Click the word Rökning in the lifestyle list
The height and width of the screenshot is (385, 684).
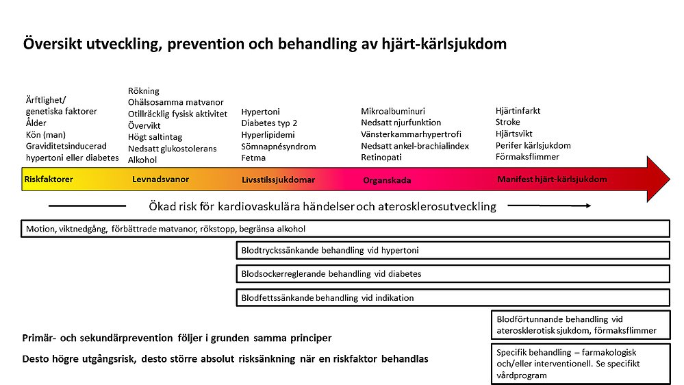144,90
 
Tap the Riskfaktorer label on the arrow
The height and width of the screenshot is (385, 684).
49,179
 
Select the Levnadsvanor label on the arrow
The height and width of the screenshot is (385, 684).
160,179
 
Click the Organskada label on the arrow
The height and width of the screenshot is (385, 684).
387,181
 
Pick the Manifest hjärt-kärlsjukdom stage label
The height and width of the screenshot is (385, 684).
552,179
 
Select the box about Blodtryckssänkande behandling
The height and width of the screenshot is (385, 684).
453,251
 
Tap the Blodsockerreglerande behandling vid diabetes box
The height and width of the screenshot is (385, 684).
453,274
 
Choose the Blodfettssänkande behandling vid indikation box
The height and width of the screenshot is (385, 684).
453,297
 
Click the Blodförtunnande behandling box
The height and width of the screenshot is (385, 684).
580,325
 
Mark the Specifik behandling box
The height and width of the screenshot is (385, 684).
580,363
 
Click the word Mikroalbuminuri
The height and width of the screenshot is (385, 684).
393,111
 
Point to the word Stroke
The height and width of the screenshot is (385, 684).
508,122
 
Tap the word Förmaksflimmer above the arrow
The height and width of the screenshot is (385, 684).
527,157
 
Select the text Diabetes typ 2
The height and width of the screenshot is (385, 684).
269,123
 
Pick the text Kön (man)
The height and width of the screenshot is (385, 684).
45,134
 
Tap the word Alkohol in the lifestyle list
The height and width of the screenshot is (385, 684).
142,160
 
